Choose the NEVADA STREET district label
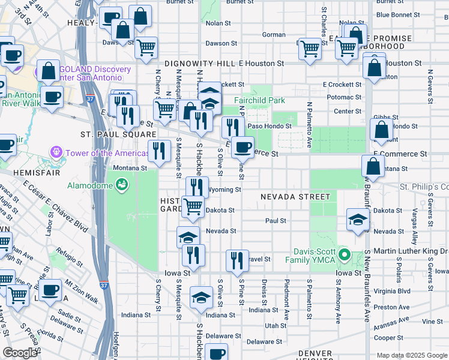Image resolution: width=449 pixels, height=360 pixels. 295,197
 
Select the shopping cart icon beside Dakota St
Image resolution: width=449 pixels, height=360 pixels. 193,206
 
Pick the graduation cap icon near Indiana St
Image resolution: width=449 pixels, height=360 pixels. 201,297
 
